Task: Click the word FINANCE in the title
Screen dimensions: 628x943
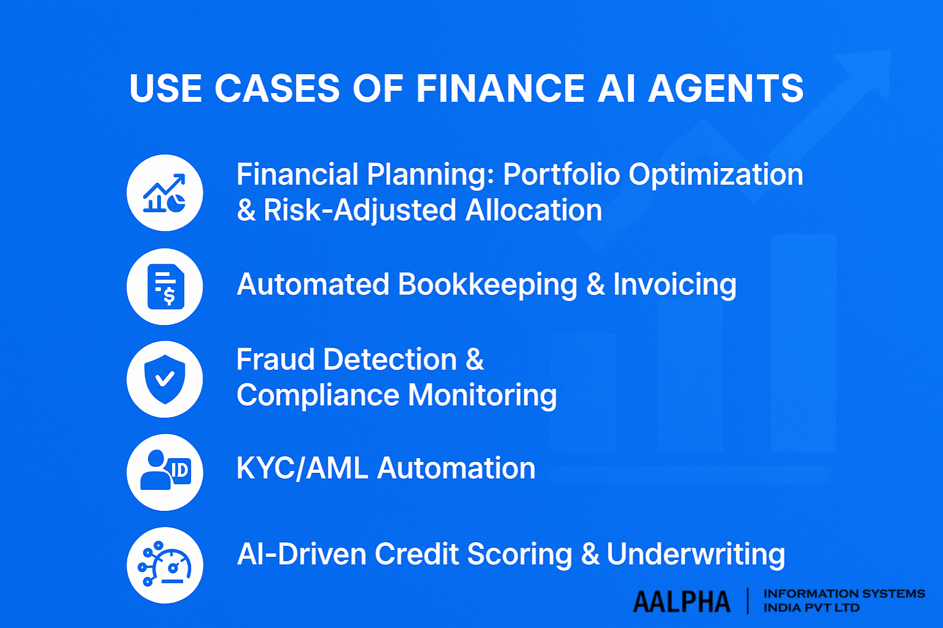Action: pyautogui.click(x=500, y=88)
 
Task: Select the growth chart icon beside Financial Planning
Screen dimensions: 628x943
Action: pyautogui.click(x=165, y=193)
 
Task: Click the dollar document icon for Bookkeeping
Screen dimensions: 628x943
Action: pyautogui.click(x=165, y=286)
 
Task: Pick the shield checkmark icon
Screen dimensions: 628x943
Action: pyautogui.click(x=165, y=379)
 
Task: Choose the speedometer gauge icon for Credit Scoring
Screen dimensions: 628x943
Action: pyautogui.click(x=165, y=565)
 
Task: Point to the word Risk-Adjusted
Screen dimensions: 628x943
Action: pyautogui.click(x=360, y=210)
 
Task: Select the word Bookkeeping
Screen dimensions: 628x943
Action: pyautogui.click(x=487, y=285)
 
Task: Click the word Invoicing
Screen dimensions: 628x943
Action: pyautogui.click(x=675, y=285)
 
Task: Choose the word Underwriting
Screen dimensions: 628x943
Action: pyautogui.click(x=696, y=554)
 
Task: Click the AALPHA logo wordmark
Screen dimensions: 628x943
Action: pyautogui.click(x=681, y=602)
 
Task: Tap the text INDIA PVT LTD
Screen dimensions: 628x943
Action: pyautogui.click(x=811, y=608)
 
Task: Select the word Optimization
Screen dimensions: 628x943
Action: pyautogui.click(x=716, y=175)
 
